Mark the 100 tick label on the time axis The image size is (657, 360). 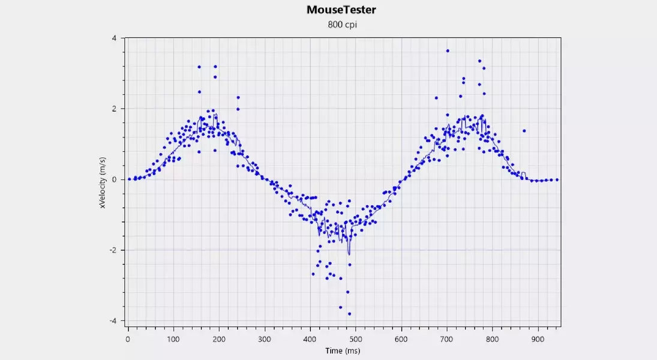173,338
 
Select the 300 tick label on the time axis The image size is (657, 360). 265,338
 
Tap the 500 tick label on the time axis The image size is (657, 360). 356,338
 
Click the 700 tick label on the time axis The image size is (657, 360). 447,338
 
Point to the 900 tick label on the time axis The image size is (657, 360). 538,338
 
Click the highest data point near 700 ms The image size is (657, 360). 447,51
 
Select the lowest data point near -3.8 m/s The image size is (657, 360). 349,314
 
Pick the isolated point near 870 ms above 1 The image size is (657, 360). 524,131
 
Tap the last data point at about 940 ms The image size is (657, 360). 557,179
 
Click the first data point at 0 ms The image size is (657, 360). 128,179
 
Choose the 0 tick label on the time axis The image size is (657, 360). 128,338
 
